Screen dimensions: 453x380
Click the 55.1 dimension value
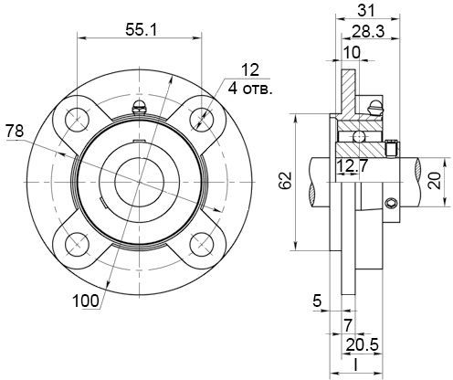141,30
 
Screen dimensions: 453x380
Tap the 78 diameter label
15,132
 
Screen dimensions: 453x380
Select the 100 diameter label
86,301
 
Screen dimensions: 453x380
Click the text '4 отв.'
249,90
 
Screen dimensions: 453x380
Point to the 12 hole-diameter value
250,70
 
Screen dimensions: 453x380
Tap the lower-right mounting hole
201,245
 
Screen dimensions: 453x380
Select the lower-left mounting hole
78,245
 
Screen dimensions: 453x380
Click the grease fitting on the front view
140,107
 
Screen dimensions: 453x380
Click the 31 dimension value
366,11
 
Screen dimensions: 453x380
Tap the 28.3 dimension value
368,31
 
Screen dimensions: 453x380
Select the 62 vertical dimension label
286,181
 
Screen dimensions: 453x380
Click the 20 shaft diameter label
435,181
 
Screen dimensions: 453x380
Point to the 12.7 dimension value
352,166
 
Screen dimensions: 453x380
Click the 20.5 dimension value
363,345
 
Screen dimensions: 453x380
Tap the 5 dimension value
317,301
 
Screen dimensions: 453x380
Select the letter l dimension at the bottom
355,365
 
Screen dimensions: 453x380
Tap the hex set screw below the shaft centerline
391,204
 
